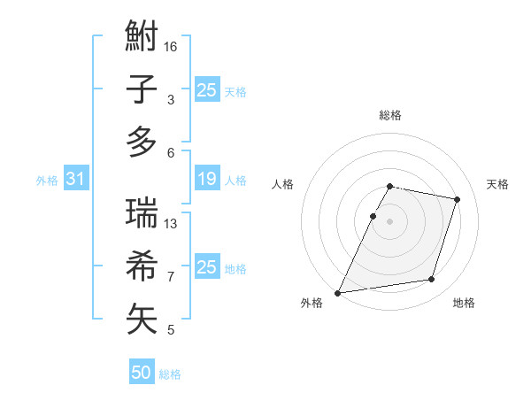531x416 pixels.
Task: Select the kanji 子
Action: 142,89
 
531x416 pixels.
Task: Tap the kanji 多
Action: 142,142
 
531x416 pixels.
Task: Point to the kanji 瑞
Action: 142,213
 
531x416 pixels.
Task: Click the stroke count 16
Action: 172,46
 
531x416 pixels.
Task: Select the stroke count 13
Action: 172,223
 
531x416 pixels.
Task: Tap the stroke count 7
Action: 170,276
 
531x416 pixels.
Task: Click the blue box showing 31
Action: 75,180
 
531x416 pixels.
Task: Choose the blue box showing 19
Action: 206,180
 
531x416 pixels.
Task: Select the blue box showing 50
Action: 142,374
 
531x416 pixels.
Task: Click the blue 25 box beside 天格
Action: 206,90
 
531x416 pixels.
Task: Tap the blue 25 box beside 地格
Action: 206,267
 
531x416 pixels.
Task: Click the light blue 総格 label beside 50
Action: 170,374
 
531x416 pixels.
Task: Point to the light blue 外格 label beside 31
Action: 46,181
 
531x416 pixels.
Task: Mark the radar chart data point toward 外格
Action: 338,292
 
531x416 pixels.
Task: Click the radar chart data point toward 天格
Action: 457,199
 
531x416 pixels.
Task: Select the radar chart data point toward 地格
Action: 431,280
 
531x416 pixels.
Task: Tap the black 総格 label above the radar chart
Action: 390,115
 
